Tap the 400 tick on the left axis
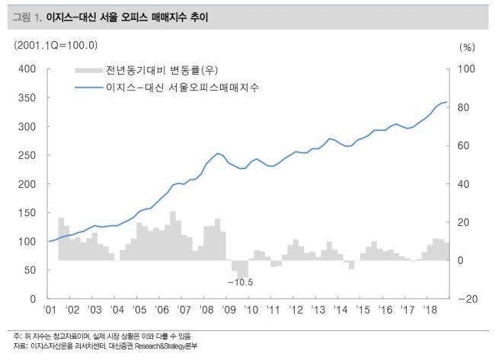pos(27,68)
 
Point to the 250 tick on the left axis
pos(27,155)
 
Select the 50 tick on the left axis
pos(30,270)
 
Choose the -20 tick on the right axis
pos(467,299)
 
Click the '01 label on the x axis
pos(51,311)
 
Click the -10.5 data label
pos(240,282)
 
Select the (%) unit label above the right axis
pos(467,46)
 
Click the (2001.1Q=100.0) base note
pos(56,45)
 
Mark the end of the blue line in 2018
pos(446,102)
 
